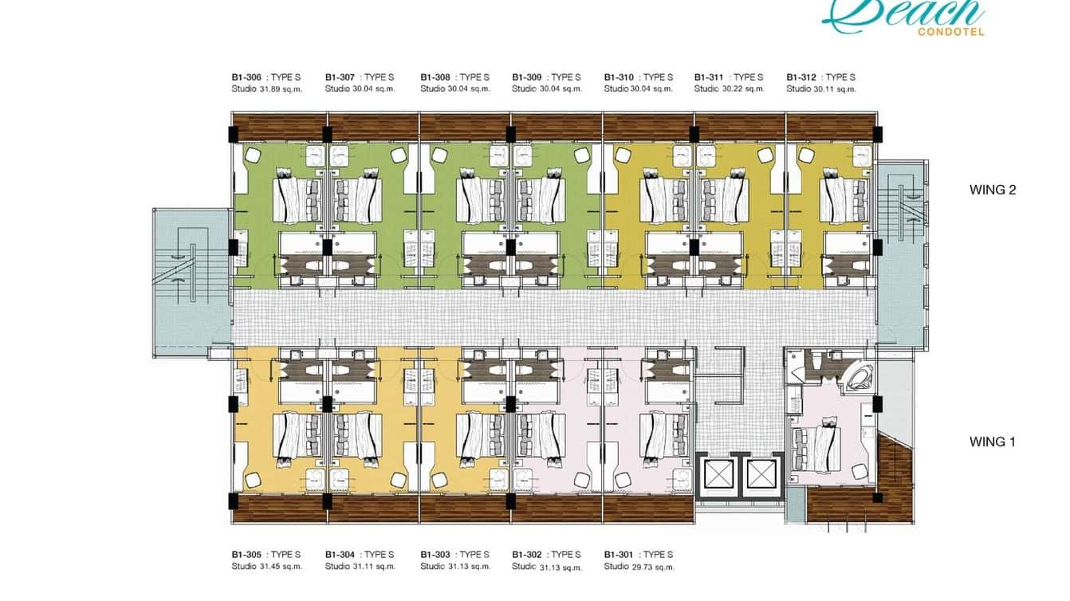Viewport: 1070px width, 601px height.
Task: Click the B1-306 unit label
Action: (246, 77)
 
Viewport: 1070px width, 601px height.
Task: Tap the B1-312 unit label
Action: (801, 77)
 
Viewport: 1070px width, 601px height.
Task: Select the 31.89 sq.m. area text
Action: (281, 88)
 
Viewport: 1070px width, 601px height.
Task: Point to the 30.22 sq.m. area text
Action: (743, 88)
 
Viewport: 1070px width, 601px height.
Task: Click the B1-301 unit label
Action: (619, 555)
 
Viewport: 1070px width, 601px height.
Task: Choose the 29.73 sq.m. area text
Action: (653, 567)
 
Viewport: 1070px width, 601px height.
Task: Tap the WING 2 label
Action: (993, 190)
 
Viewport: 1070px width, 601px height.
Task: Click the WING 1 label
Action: (992, 442)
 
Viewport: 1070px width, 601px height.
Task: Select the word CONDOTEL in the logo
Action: (951, 33)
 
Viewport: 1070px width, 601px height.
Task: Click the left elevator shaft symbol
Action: (715, 474)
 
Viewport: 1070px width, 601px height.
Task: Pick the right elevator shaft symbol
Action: (761, 474)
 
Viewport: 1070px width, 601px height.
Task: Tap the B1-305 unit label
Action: (246, 555)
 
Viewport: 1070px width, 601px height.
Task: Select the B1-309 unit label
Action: (527, 77)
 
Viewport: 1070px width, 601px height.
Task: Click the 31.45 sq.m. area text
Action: (281, 567)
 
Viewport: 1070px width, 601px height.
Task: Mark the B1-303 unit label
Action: (435, 555)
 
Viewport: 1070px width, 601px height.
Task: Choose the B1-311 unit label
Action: (709, 77)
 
